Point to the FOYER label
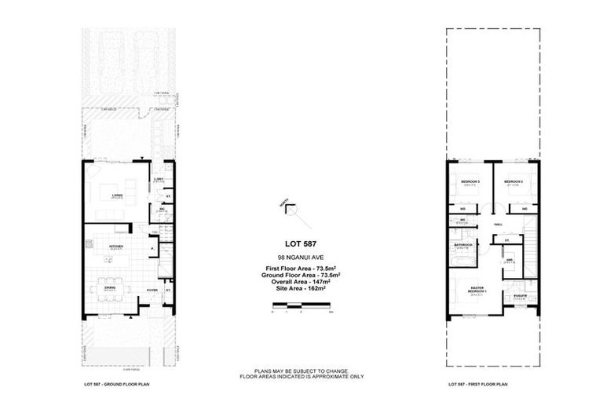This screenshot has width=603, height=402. [x=152, y=289]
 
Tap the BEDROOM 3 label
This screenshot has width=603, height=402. [x=470, y=181]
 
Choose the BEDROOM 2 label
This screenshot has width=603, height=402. [x=513, y=181]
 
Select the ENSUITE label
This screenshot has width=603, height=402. [x=521, y=295]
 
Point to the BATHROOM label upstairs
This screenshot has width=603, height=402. [x=462, y=245]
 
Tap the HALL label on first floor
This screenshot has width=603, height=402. [x=499, y=224]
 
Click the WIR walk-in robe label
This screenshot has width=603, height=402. [x=510, y=260]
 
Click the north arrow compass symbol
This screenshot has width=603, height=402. [x=290, y=208]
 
